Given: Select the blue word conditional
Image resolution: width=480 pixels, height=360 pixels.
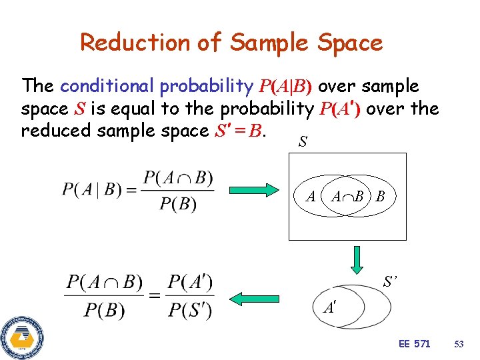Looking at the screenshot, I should [x=107, y=86].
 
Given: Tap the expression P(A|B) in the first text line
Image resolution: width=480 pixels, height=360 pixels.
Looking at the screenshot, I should [x=285, y=87].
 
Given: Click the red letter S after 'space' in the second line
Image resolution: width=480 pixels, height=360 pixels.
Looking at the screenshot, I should [x=79, y=109].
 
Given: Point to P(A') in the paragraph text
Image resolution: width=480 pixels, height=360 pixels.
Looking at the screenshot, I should [x=340, y=109].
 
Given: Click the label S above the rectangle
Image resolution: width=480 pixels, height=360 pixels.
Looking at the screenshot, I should [x=303, y=143].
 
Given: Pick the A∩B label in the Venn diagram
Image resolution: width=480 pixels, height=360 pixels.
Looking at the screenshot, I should [x=347, y=197].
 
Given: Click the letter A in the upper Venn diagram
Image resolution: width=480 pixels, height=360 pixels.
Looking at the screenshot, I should [x=310, y=197].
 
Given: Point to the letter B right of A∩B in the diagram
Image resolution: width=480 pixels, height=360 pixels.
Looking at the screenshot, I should [x=380, y=197].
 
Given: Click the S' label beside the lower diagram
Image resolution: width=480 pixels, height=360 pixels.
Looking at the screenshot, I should [x=391, y=283].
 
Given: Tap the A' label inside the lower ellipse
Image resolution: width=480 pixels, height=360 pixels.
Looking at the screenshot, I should [x=330, y=307].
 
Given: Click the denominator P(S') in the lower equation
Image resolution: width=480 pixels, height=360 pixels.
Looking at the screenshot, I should [x=190, y=310].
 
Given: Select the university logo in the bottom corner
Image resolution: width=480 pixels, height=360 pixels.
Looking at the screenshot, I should [x=22, y=337].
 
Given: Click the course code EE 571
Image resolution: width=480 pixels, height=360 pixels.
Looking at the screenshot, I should [x=414, y=344].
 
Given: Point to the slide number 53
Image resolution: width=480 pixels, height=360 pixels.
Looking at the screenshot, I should [x=458, y=344].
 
